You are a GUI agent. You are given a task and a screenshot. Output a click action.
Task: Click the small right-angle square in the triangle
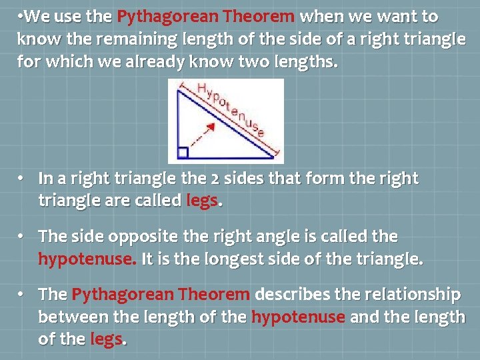[183, 153]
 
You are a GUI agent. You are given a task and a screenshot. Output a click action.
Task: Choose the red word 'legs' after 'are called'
[201, 200]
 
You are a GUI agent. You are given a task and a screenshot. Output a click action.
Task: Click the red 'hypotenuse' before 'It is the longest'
[86, 259]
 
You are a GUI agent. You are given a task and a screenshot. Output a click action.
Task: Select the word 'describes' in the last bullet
[289, 295]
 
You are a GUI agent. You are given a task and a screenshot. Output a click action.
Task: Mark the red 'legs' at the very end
[106, 339]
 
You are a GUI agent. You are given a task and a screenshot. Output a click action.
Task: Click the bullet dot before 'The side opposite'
[22, 237]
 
